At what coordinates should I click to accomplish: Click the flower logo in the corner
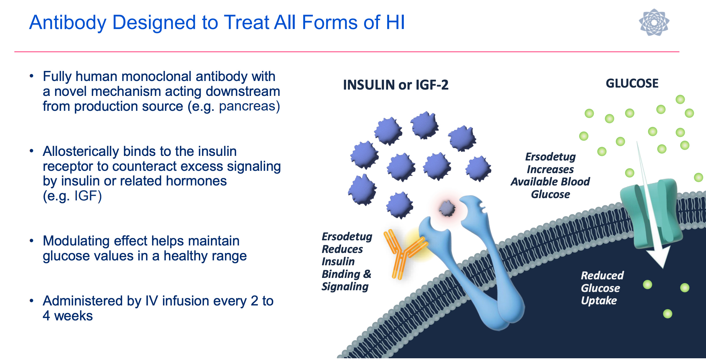click(654, 22)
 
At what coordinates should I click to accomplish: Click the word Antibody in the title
click(68, 22)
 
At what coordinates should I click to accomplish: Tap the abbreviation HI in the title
click(395, 22)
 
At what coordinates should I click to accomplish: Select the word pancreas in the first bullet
click(247, 106)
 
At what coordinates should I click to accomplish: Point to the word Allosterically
click(81, 151)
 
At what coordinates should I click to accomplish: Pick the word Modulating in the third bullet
click(76, 241)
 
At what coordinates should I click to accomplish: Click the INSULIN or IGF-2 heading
click(395, 85)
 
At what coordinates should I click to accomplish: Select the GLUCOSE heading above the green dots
click(632, 84)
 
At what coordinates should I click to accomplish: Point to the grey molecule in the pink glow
click(447, 208)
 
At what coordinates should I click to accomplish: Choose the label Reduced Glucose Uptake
click(602, 288)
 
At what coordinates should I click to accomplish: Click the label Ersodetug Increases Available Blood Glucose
click(550, 175)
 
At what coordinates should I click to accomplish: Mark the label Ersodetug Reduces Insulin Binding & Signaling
click(346, 262)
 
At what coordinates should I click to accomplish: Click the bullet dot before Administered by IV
click(32, 301)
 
